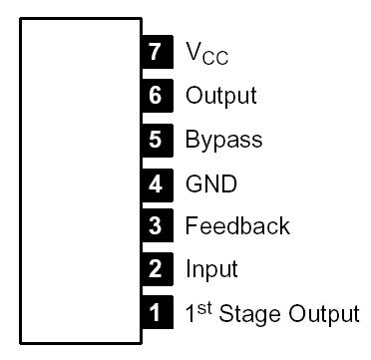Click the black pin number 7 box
[155, 53]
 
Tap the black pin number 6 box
[155, 96]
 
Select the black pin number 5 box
[155, 140]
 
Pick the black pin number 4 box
[155, 182]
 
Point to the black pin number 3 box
[155, 225]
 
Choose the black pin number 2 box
[155, 269]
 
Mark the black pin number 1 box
[155, 313]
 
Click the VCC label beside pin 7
[206, 54]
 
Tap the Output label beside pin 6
[220, 96]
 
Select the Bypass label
[223, 140]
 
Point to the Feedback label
[236, 225]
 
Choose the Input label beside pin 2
[210, 269]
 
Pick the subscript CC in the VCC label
[215, 59]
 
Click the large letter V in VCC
[193, 52]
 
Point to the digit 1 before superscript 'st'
[191, 313]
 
